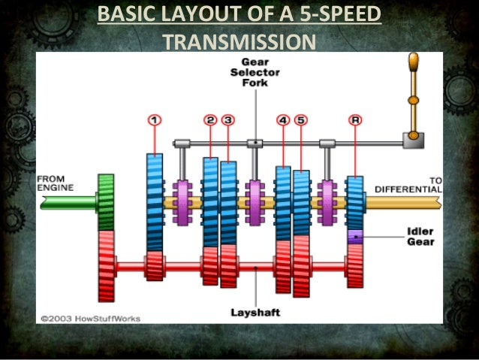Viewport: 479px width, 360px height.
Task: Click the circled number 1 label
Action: tap(154, 119)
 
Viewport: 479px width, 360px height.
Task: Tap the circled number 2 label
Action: tap(210, 119)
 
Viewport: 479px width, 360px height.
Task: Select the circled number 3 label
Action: tap(228, 119)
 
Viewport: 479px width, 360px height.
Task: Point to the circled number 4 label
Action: tap(283, 119)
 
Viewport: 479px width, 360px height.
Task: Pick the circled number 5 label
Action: tap(301, 119)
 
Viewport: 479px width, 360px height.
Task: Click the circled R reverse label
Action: tap(355, 119)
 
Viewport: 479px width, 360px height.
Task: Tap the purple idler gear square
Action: tap(355, 236)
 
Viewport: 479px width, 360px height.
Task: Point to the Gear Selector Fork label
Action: tap(255, 72)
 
